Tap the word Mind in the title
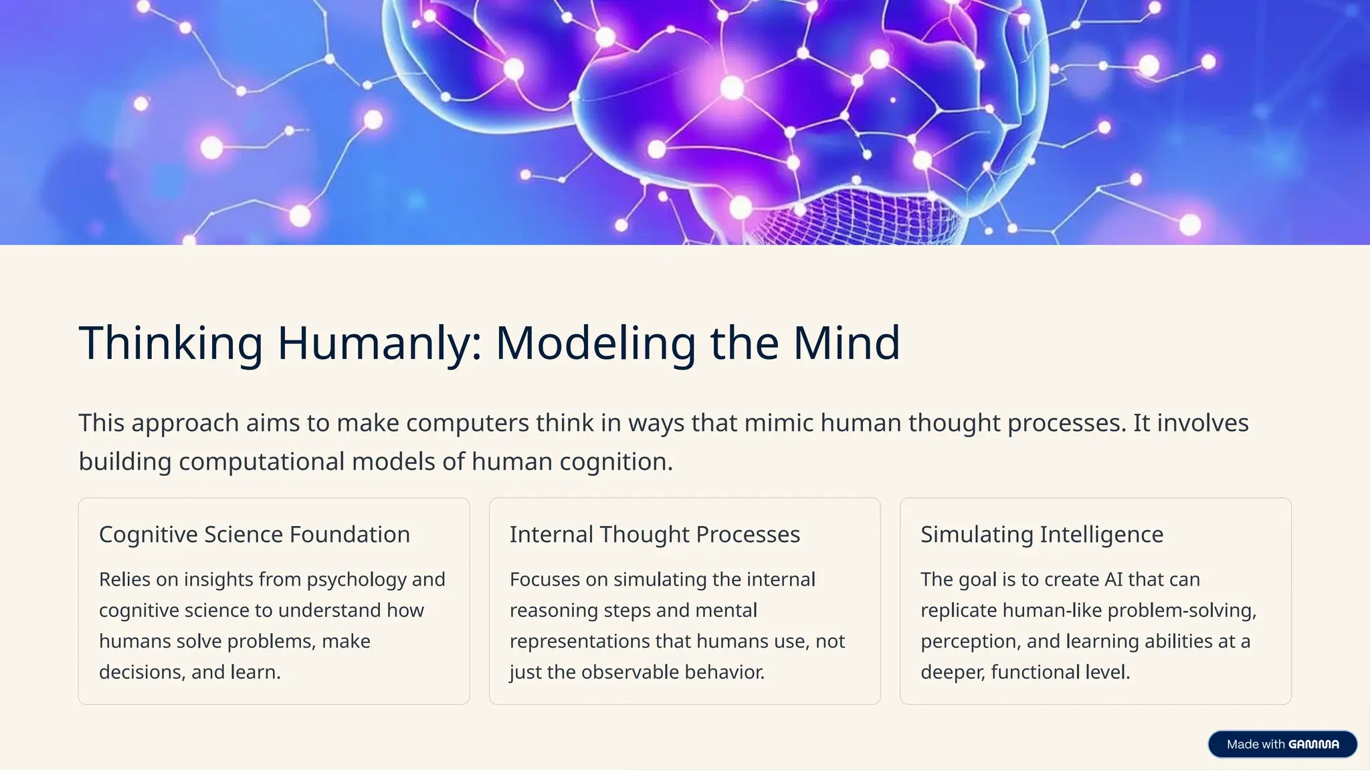click(x=846, y=344)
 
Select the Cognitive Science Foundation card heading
click(x=254, y=535)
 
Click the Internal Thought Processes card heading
click(x=654, y=535)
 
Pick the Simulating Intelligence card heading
click(x=1042, y=535)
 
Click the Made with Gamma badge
click(x=1282, y=744)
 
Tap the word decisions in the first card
click(x=141, y=672)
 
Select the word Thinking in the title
click(x=171, y=344)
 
